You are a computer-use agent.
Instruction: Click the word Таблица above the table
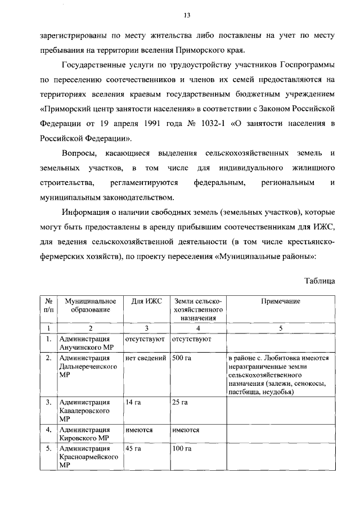pos(320,280)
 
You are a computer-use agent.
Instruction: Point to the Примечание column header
pos(281,301)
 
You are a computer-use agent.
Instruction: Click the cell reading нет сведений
pos(146,358)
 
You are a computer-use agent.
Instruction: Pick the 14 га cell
pos(133,402)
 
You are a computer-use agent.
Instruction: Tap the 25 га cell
pos(181,402)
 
